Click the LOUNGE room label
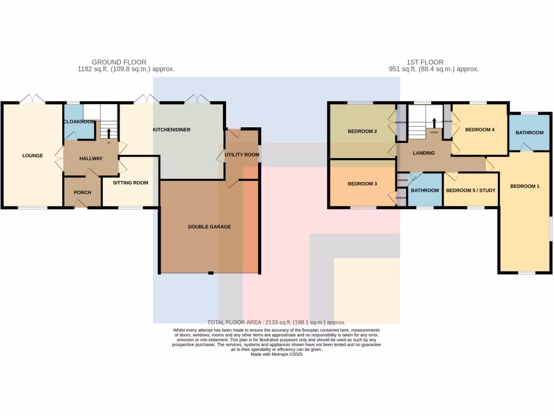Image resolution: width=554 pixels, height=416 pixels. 32,156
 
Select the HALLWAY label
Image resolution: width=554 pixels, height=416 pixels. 91,158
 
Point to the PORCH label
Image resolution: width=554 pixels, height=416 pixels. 82,192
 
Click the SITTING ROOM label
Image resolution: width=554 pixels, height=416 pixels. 130,183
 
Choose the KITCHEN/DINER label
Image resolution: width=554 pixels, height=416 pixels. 172,130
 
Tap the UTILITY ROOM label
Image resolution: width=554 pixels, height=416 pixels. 242,155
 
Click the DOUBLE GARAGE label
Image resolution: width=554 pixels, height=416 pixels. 209,226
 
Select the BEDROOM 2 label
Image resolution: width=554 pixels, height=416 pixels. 362,131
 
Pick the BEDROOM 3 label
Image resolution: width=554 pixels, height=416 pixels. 362,184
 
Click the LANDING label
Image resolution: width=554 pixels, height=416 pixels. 424,153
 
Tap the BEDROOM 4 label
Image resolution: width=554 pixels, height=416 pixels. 480,129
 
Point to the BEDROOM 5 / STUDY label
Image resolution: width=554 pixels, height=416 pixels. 471,190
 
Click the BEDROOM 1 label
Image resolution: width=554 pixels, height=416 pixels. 525,186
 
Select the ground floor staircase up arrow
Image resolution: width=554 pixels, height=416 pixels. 109,133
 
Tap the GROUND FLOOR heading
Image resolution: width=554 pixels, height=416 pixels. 119,62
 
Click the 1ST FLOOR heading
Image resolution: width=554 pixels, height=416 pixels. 425,62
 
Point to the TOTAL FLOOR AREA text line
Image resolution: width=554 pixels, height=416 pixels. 276,322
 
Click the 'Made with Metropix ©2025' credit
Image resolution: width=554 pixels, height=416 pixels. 276,354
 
